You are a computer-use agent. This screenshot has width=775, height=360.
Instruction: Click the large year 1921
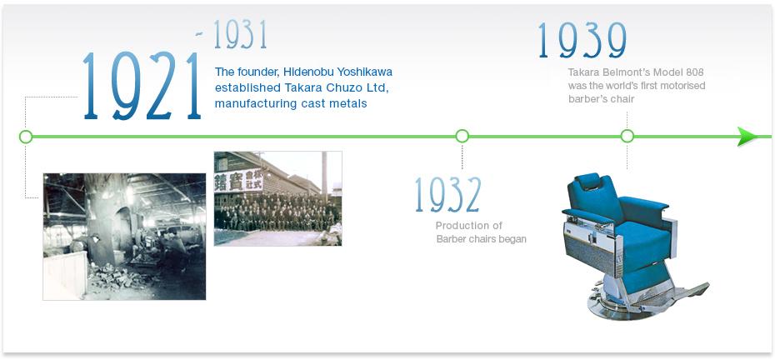click(x=142, y=86)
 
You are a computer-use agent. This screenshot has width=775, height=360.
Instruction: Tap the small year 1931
click(x=240, y=35)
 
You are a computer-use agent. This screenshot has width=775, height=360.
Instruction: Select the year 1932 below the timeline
click(x=448, y=195)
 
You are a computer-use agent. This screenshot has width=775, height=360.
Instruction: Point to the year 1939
click(x=582, y=41)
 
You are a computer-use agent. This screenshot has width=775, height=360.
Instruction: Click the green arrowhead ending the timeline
click(x=747, y=137)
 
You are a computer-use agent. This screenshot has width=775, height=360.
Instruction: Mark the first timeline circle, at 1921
click(x=26, y=137)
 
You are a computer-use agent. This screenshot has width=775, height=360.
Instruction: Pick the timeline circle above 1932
click(x=462, y=136)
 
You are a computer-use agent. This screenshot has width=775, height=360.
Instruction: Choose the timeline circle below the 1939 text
click(x=627, y=136)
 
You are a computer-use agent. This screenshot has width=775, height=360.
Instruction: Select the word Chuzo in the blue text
click(x=342, y=88)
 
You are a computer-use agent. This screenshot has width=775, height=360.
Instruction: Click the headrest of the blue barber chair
click(x=588, y=182)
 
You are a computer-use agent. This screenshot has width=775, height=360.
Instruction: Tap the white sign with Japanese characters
click(x=238, y=181)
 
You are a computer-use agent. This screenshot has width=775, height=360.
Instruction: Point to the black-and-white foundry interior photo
click(x=124, y=237)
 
